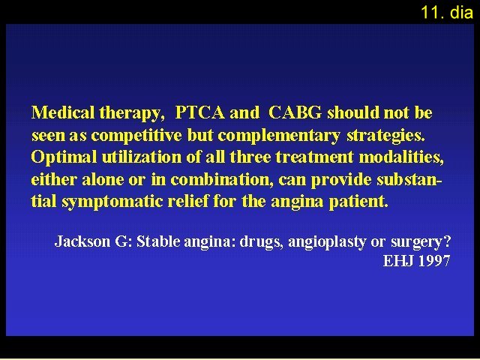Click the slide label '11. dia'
pyautogui.click(x=447, y=13)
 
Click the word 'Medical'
pyautogui.click(x=63, y=112)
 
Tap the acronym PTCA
pyautogui.click(x=200, y=112)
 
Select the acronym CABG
pyautogui.click(x=295, y=112)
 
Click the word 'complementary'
pyautogui.click(x=279, y=136)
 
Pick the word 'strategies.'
pyautogui.click(x=385, y=136)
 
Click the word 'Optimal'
pyautogui.click(x=64, y=157)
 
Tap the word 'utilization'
pyautogui.click(x=142, y=157)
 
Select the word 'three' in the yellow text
pyautogui.click(x=250, y=157)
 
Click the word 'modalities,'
pyautogui.click(x=401, y=157)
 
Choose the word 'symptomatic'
pyautogui.click(x=112, y=202)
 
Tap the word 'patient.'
pyautogui.click(x=358, y=202)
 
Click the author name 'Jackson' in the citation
pyautogui.click(x=82, y=241)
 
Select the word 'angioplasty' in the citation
pyautogui.click(x=327, y=242)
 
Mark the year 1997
pyautogui.click(x=435, y=261)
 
